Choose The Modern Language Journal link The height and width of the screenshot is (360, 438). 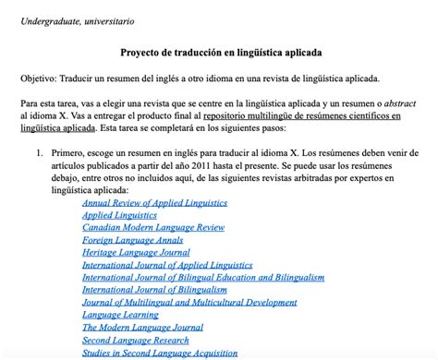pos(142,327)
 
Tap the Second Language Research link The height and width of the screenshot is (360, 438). pos(135,340)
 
